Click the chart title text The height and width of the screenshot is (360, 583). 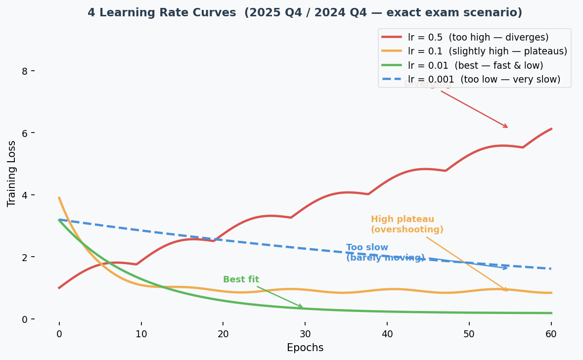tap(305, 13)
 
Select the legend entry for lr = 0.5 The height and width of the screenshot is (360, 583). tap(478, 37)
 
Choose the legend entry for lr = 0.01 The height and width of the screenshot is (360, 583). tap(475, 65)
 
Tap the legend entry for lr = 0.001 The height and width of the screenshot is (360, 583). tap(484, 79)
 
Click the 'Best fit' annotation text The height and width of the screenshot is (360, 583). tap(241, 279)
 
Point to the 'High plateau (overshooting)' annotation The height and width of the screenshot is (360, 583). tap(407, 225)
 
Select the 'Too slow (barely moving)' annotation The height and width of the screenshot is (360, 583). tap(385, 253)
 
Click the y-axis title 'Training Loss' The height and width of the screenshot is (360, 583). tap(12, 174)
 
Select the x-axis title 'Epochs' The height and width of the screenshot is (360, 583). tap(305, 348)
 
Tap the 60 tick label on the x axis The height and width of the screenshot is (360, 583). tap(551, 334)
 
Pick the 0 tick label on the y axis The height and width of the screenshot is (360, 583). tap(24, 319)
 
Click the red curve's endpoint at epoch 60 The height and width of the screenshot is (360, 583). tap(551, 129)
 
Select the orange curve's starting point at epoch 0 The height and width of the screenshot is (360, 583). tap(59, 198)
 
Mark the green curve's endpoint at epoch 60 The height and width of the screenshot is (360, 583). tap(551, 313)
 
